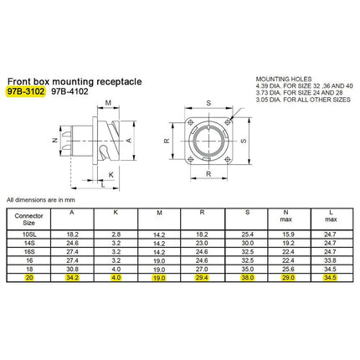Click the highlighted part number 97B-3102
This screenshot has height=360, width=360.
[x=26, y=91]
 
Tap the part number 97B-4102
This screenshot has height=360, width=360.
[x=69, y=91]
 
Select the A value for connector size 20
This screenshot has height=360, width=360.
[x=72, y=278]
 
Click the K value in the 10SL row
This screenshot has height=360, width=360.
[x=116, y=234]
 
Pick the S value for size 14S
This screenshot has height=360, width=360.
[x=248, y=243]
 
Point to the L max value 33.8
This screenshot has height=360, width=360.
[x=330, y=260]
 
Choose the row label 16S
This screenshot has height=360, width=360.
[x=29, y=252]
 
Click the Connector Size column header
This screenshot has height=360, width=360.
[x=28, y=219]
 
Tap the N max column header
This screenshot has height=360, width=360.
[x=285, y=216]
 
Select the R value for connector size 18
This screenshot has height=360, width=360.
[x=202, y=269]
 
